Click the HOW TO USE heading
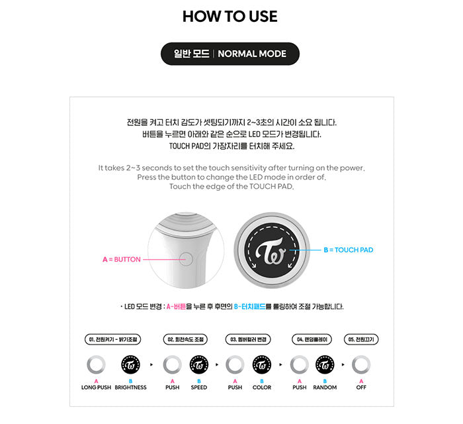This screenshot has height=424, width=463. tap(230, 17)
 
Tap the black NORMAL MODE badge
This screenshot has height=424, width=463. tap(230, 54)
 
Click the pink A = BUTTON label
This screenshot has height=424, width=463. tap(122, 259)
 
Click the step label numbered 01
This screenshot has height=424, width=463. tap(113, 339)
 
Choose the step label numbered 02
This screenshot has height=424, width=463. tap(185, 339)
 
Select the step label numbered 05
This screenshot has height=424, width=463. tap(361, 339)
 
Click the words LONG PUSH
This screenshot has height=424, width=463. tap(96, 387)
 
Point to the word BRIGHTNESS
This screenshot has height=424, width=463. tap(130, 387)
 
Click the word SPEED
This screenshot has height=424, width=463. tap(199, 387)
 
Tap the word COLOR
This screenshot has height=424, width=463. tap(262, 387)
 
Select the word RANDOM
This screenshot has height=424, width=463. tap(325, 387)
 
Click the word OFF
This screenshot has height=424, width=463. tap(361, 387)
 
